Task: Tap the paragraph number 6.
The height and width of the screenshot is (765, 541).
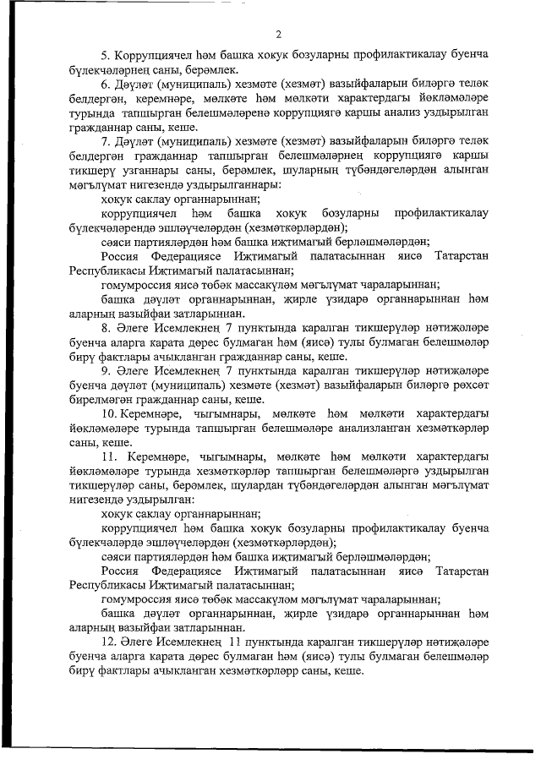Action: (105, 86)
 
